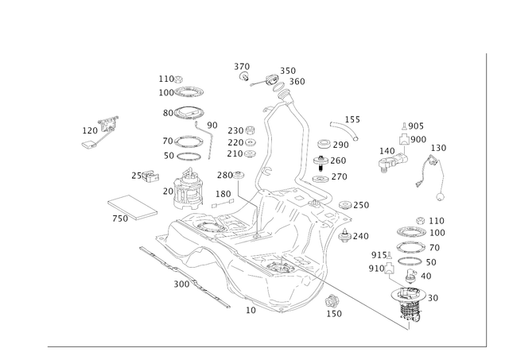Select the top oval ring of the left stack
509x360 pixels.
(x=182, y=111)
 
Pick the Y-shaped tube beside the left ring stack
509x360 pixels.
(x=209, y=140)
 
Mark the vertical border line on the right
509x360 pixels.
(x=484, y=199)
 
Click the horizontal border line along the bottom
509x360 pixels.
(x=262, y=346)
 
